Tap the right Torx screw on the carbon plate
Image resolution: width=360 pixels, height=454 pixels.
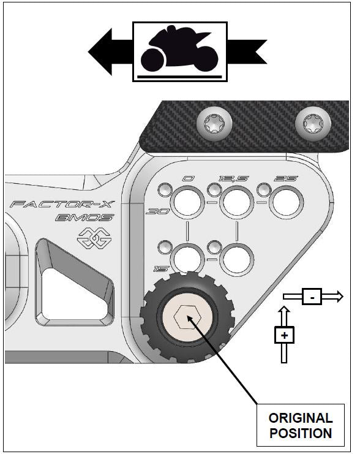pyautogui.click(x=309, y=125)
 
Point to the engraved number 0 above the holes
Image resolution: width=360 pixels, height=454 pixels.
pyautogui.click(x=189, y=179)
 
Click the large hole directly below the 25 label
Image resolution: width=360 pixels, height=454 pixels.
pyautogui.click(x=287, y=202)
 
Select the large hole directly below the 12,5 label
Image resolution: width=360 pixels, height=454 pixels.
pyautogui.click(x=236, y=202)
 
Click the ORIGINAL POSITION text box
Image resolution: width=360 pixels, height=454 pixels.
pyautogui.click(x=300, y=425)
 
